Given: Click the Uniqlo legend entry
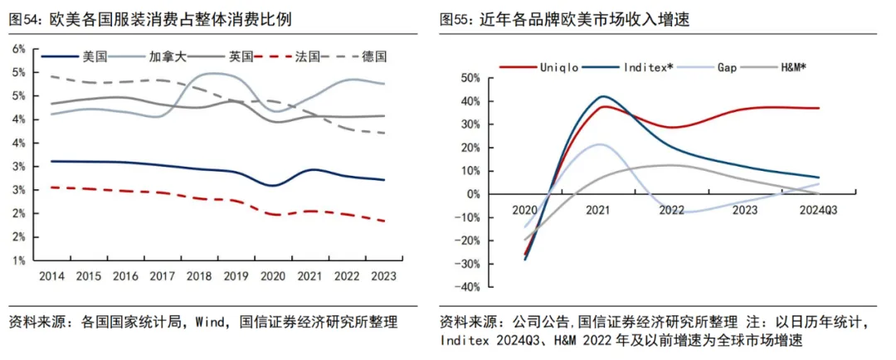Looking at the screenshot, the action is [x=539, y=67].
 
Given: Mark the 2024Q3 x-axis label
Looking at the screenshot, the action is [x=818, y=210].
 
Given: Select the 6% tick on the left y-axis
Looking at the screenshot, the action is [x=19, y=49].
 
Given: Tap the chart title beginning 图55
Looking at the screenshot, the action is [x=565, y=21].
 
